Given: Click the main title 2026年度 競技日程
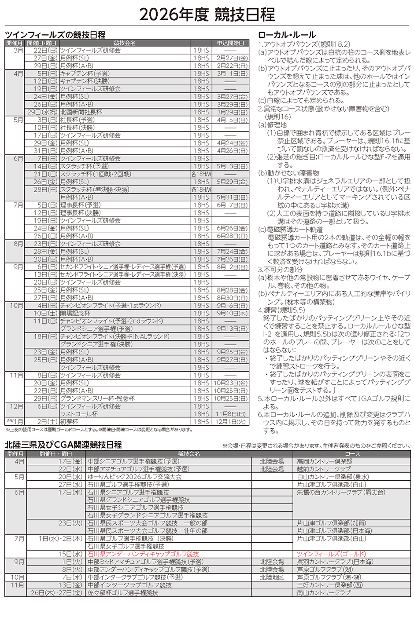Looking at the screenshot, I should coord(207,15).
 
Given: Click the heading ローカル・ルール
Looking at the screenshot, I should coord(287,35).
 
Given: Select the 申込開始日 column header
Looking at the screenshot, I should coord(230,43).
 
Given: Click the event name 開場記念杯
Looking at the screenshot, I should coord(75,313).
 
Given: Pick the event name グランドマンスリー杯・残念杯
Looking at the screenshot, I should coord(97,398).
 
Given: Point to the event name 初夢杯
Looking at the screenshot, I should coord(69,422).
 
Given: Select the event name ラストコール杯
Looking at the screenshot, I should coord(79,414).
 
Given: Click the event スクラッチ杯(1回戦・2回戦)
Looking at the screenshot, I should coord(96,174).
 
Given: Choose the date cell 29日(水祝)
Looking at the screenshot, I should coord(42,112).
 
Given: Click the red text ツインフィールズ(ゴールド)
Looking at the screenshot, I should coord(332,554).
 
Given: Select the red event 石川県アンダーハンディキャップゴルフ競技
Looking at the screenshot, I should coord(143,554).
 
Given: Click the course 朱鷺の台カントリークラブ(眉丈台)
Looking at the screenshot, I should coord(341,492).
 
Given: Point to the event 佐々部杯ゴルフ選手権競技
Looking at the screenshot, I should coord(122,593).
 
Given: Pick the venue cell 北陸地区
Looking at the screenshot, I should coord(272,577).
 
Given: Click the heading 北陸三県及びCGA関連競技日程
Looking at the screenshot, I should coord(63,445).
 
